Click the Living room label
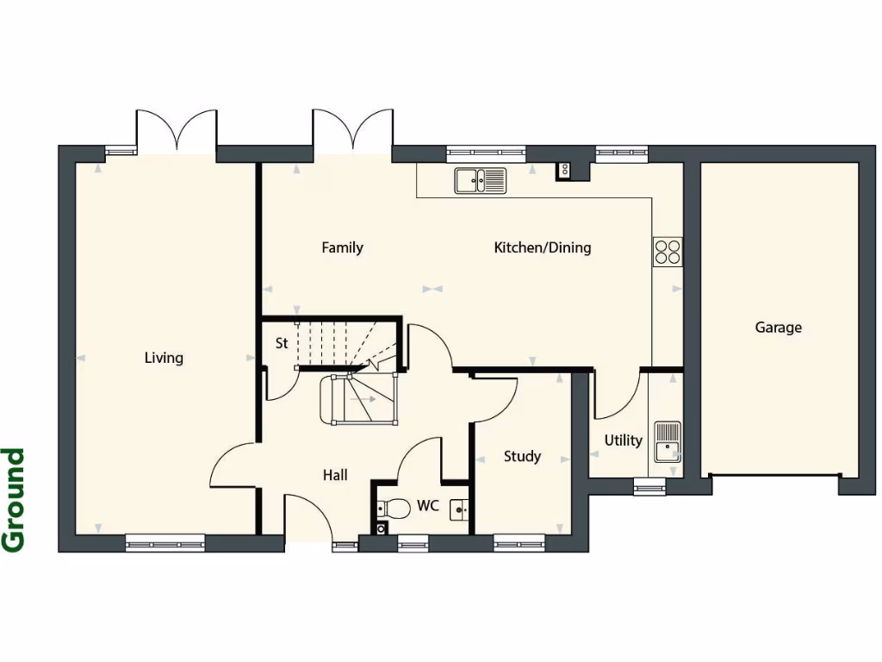[x=164, y=358]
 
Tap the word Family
[x=342, y=248]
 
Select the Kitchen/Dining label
[x=542, y=248]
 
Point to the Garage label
[x=778, y=328]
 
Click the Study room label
[x=522, y=457]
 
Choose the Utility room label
[x=622, y=440]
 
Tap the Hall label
[x=335, y=475]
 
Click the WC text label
[x=428, y=506]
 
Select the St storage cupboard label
[x=281, y=343]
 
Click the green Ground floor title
[x=14, y=499]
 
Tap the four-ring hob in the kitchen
[x=668, y=251]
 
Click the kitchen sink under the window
[x=481, y=180]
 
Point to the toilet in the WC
[x=394, y=509]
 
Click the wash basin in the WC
[x=460, y=510]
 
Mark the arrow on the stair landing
[x=364, y=399]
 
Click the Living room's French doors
[x=177, y=132]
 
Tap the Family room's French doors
[x=352, y=132]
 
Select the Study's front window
[x=519, y=542]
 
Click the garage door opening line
[x=773, y=474]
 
